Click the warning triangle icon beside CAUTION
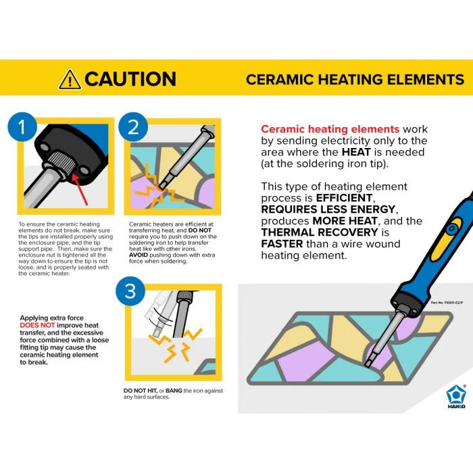70,79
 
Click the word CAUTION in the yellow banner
130,79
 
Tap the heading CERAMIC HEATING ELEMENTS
355,79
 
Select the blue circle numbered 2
133,128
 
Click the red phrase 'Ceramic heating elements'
330,129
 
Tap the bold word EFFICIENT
345,198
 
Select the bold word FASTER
282,244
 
